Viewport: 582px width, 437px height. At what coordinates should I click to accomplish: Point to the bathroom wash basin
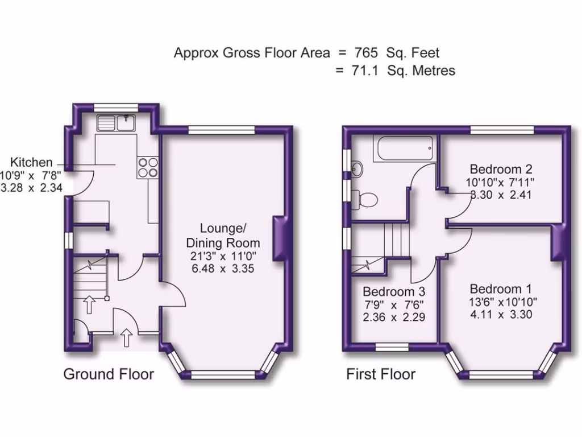pyautogui.click(x=357, y=168)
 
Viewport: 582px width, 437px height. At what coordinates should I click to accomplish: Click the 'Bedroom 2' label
pyautogui.click(x=500, y=169)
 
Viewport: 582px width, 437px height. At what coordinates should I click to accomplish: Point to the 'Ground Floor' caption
pyautogui.click(x=108, y=374)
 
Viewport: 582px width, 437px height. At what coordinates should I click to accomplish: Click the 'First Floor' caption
pyautogui.click(x=381, y=374)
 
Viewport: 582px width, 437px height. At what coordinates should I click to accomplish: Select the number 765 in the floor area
pyautogui.click(x=366, y=53)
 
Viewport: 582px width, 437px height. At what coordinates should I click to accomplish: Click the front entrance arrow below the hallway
pyautogui.click(x=127, y=337)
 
